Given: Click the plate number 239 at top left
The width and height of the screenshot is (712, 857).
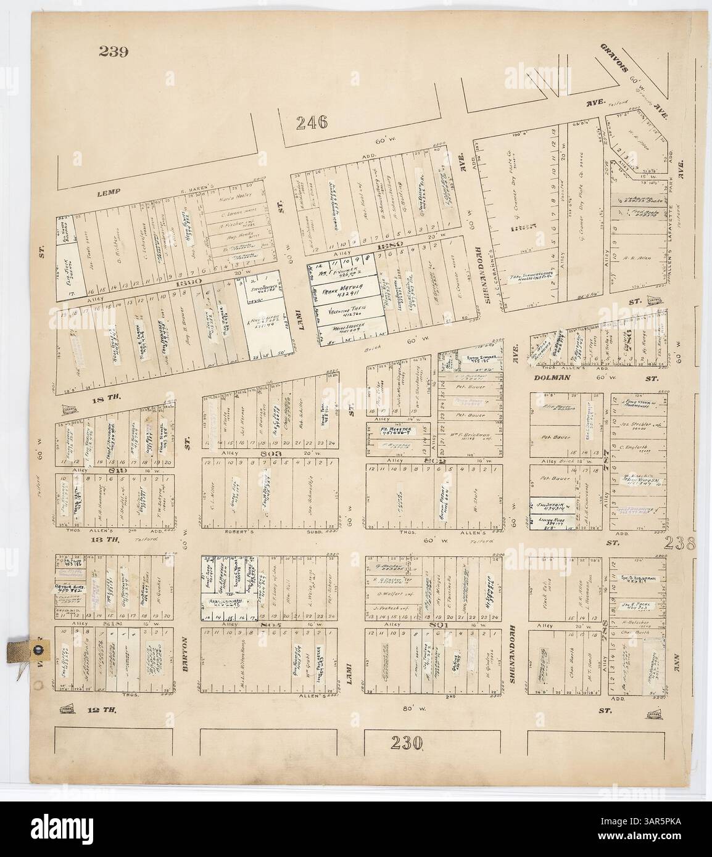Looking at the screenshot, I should point(113,52).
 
